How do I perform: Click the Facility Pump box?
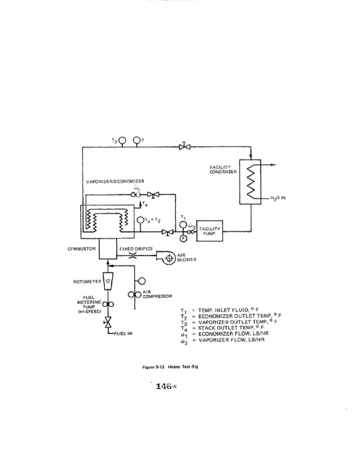pos(205,230)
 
